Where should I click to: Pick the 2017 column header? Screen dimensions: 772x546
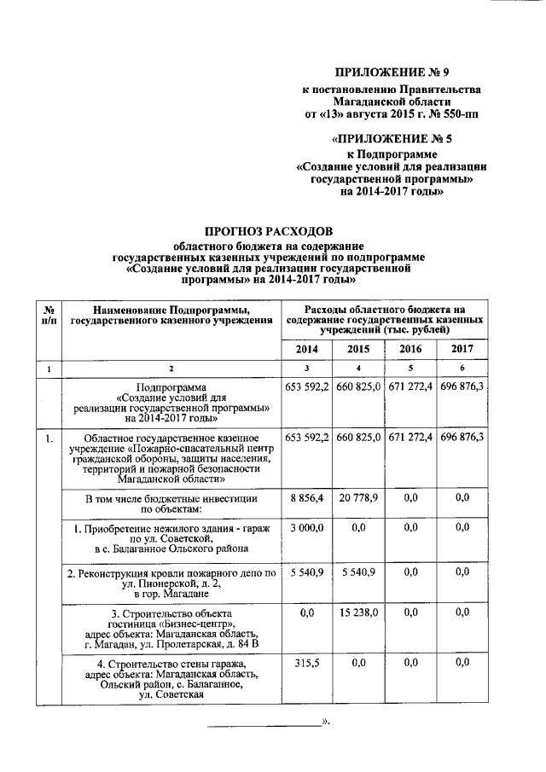[462, 349]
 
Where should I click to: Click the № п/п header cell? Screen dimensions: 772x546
[49, 314]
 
